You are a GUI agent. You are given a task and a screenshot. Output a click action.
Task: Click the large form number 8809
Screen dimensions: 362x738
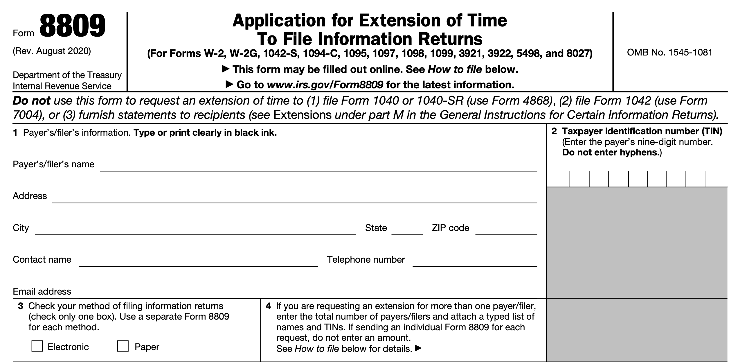coord(72,27)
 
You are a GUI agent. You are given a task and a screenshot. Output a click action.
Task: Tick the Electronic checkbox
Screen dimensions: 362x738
coord(37,346)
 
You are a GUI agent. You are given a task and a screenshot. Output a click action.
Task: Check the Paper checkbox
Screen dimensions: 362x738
coord(123,346)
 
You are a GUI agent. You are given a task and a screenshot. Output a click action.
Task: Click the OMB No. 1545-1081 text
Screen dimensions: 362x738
coord(669,53)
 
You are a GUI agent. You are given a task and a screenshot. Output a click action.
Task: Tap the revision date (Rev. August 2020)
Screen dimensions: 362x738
coord(52,51)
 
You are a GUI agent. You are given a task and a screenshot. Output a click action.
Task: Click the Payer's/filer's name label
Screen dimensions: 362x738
coord(53,164)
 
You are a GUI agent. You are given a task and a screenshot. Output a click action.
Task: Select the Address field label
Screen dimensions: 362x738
coord(30,196)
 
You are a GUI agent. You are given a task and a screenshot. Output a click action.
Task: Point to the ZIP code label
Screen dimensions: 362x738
coord(450,228)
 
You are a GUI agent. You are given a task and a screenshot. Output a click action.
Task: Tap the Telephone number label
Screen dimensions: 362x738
coord(366,259)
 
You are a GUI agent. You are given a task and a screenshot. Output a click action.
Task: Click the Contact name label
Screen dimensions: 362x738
coord(42,259)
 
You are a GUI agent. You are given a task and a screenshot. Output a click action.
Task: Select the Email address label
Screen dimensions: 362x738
coord(42,291)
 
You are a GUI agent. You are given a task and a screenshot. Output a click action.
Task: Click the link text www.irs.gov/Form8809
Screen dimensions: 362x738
coord(325,85)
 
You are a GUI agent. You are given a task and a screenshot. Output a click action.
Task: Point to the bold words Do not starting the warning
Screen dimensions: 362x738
coord(31,101)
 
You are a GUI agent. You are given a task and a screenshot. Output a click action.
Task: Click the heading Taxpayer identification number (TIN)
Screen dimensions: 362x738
coord(642,131)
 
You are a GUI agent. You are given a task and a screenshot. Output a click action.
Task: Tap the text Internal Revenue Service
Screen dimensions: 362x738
coord(62,86)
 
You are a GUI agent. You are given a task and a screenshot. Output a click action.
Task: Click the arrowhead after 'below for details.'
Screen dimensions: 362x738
coord(418,348)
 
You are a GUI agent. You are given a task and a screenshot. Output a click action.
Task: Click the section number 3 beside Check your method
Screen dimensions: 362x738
coord(20,306)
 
